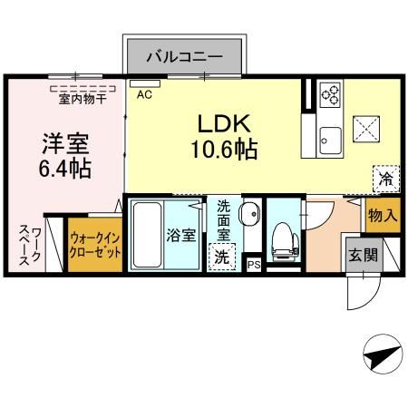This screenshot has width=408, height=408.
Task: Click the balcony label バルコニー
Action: click(185, 57)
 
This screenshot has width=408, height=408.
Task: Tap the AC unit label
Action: click(144, 95)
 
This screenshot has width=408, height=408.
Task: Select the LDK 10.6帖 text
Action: click(224, 136)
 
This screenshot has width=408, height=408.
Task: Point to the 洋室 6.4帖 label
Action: click(65, 155)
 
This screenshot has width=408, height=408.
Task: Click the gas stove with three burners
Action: click(330, 94)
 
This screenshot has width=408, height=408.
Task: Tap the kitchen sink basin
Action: click(330, 141)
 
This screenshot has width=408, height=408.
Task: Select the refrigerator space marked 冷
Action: click(386, 179)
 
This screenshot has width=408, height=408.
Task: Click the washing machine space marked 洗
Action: click(221, 257)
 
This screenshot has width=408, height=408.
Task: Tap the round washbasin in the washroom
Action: click(249, 213)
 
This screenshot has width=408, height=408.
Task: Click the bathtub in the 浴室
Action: click(147, 235)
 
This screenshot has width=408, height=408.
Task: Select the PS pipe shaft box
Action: click(253, 265)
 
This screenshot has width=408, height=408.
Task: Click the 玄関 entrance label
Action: click(363, 255)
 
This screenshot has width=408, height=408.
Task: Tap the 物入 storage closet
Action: click(383, 215)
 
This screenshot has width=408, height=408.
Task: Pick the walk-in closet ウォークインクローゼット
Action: click(95, 245)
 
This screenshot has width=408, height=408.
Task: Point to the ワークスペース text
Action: click(29, 246)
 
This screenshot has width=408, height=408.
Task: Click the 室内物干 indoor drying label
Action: click(83, 99)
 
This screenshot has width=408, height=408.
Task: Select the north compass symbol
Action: click(384, 354)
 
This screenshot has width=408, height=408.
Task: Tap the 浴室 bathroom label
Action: click(180, 235)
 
